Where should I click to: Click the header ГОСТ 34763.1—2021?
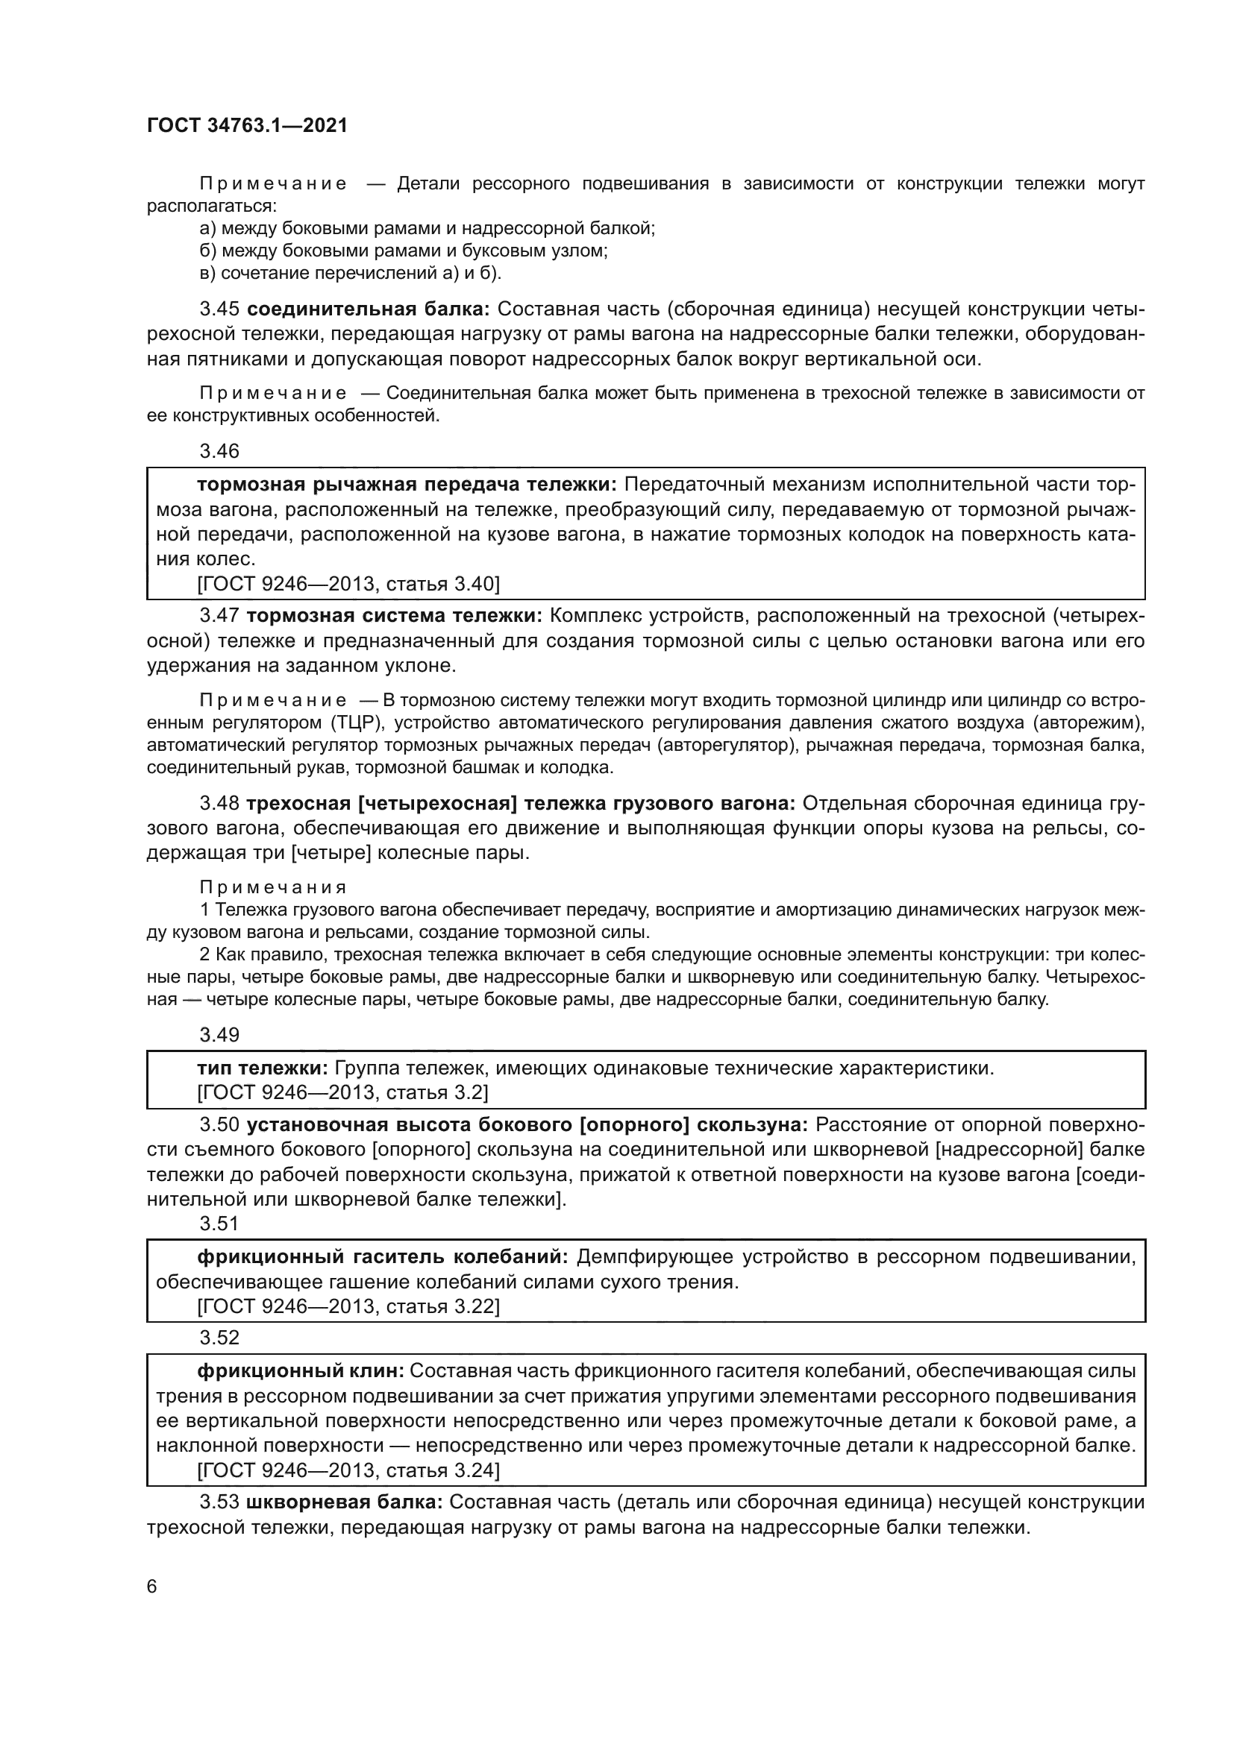point(247,126)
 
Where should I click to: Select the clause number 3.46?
point(219,451)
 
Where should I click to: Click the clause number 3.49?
point(219,1035)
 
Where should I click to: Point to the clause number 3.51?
point(219,1224)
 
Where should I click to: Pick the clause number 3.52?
point(219,1337)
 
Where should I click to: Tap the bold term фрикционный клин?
point(301,1371)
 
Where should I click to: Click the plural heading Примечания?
point(273,887)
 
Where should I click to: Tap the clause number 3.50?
point(219,1125)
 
